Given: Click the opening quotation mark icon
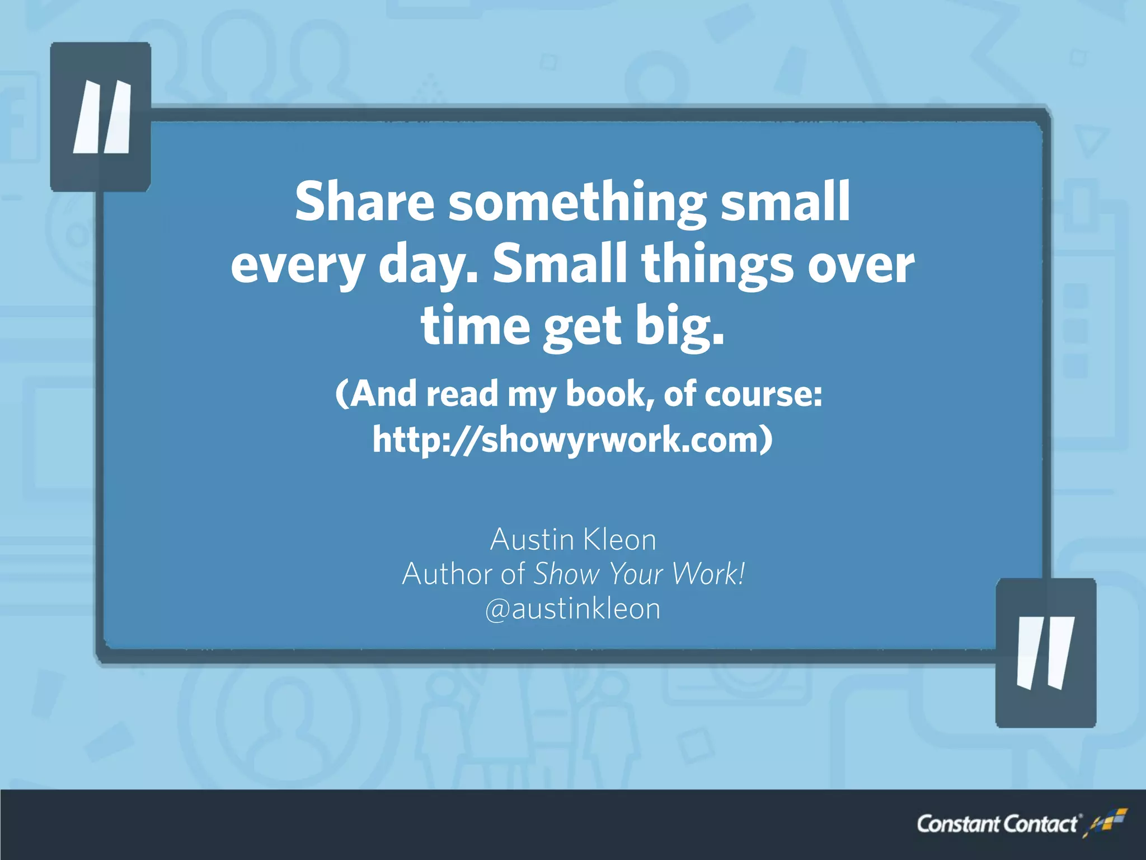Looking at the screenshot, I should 101,116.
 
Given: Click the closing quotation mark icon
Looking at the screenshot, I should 1045,653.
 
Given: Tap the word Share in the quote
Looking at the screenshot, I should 364,202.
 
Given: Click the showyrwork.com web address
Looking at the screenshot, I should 572,440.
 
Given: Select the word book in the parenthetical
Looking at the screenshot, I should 610,394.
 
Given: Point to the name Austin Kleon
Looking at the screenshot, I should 573,540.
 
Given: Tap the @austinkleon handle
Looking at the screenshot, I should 573,609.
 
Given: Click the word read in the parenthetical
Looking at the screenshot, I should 462,394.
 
